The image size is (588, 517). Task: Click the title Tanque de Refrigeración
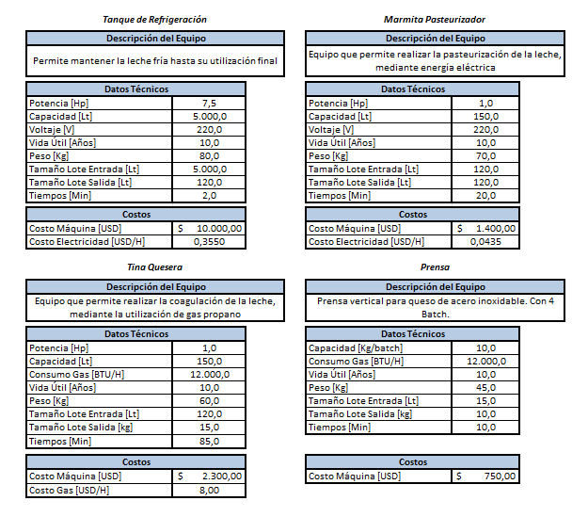coord(154,20)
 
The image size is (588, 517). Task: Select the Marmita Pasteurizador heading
coord(435,20)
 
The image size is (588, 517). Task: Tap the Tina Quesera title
coord(154,267)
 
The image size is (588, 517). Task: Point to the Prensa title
coord(435,267)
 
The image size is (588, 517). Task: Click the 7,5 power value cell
coord(209,104)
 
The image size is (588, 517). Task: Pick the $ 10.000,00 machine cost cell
coord(209,228)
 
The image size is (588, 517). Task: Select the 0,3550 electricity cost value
coord(209,242)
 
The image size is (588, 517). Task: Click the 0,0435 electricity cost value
coord(485,242)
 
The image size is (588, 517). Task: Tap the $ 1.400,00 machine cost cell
coord(485,228)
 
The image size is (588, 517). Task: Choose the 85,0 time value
coord(209,442)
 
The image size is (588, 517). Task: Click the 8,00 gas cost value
coord(209,491)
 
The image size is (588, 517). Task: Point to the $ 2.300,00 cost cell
coord(209,477)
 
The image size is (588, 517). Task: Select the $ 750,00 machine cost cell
coord(485,477)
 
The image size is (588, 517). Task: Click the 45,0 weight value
coord(485,388)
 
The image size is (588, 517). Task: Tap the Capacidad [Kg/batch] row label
coord(355,348)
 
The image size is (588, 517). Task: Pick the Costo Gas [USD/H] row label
coord(69,491)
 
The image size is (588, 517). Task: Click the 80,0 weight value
coord(209,156)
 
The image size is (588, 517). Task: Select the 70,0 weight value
coord(485,156)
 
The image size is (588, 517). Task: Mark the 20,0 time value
coord(485,196)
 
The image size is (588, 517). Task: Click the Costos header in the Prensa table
coord(413,462)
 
